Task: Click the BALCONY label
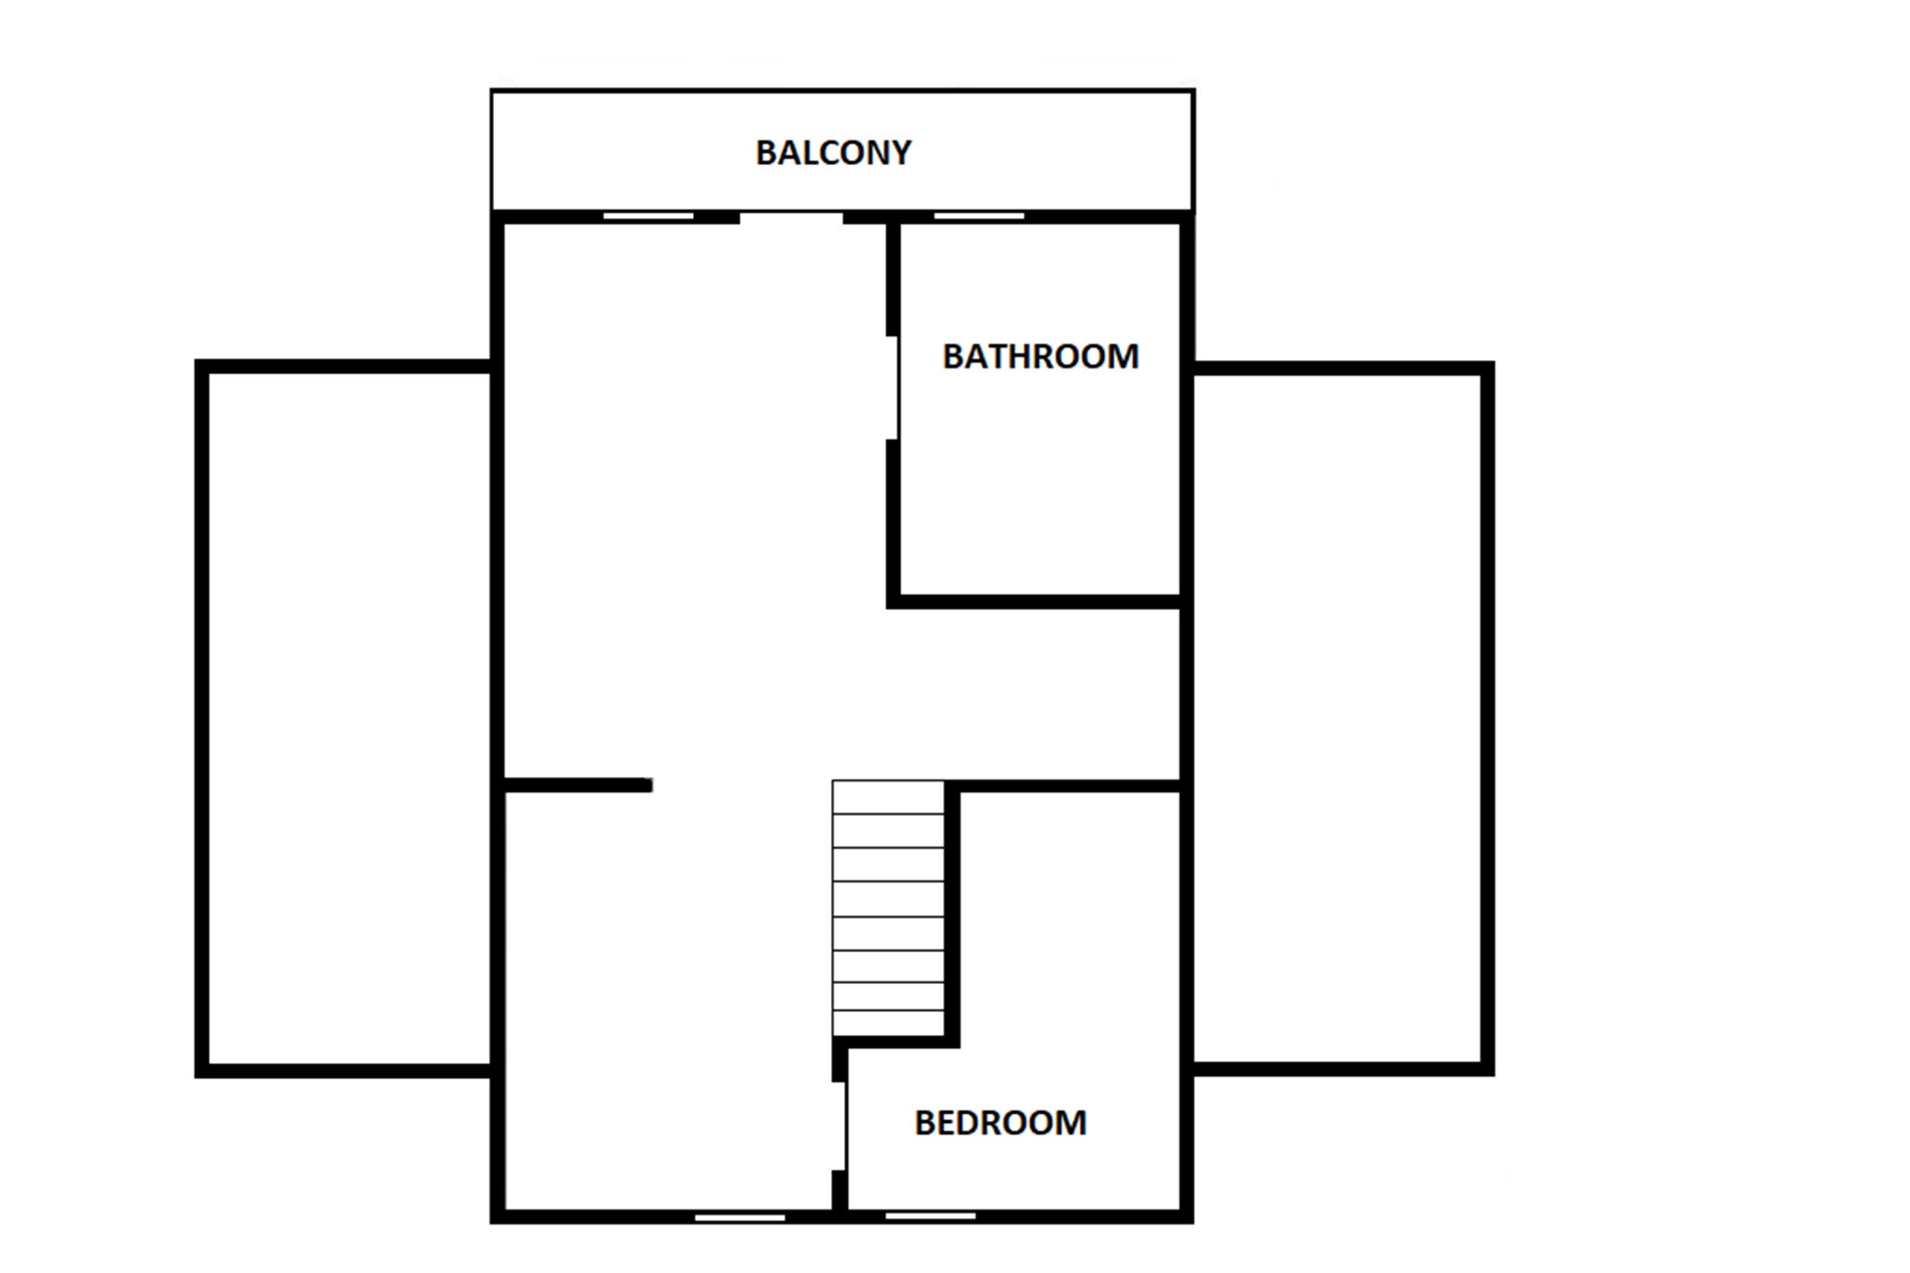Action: point(833,153)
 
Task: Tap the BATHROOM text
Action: point(1040,356)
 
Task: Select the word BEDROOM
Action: point(1000,1123)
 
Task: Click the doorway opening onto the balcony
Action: point(792,217)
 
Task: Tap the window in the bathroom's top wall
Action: point(979,216)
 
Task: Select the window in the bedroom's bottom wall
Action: point(930,1216)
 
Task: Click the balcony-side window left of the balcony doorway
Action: point(648,216)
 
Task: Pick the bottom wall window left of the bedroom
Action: point(740,1217)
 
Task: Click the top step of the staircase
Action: point(888,797)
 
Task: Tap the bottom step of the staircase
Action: point(888,1023)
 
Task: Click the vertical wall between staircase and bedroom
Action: point(952,914)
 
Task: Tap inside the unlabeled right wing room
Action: point(1337,718)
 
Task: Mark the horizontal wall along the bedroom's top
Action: point(1071,786)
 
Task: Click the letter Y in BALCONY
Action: point(900,153)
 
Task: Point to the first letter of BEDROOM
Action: point(924,1123)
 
